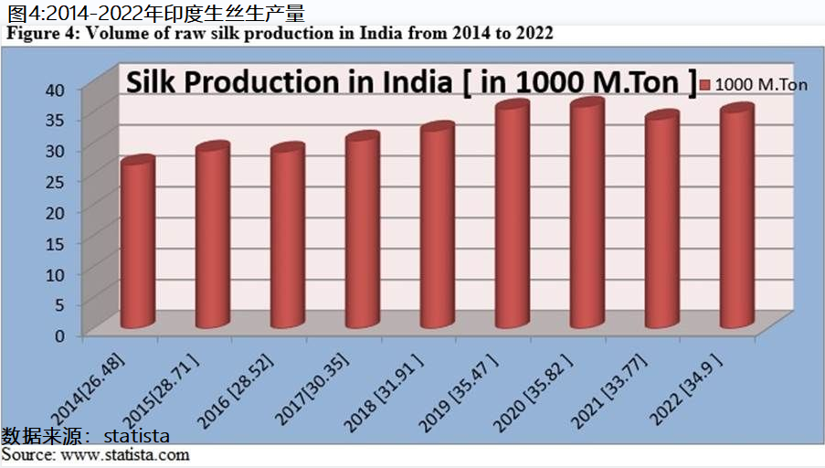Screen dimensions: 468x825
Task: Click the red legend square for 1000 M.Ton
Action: click(x=704, y=85)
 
